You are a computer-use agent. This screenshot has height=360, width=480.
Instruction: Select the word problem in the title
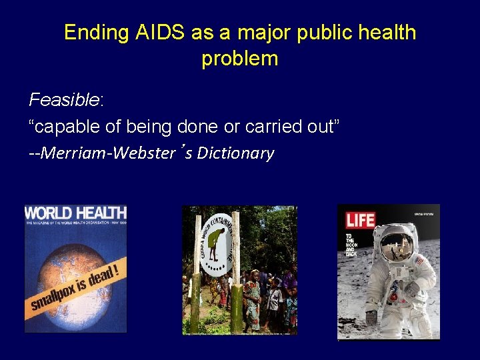tap(239, 59)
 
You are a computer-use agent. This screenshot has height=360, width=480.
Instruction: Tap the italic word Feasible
tap(63, 100)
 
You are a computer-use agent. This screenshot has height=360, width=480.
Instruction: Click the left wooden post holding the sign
tap(196, 293)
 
